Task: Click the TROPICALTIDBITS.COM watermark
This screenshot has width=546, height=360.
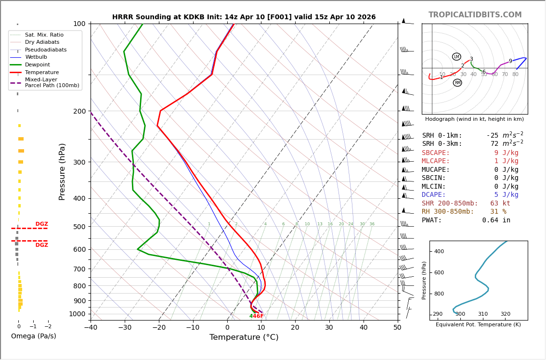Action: [x=475, y=15]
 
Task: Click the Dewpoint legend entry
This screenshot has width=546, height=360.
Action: [x=37, y=64]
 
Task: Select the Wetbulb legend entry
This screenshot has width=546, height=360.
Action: [x=38, y=57]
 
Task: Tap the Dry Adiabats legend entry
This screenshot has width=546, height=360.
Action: [x=42, y=42]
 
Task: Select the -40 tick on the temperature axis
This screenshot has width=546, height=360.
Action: [x=91, y=328]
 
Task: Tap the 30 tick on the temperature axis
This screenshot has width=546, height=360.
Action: [x=329, y=328]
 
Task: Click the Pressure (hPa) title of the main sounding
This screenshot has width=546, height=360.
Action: [x=63, y=171]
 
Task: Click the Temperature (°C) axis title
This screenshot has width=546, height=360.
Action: [x=244, y=337]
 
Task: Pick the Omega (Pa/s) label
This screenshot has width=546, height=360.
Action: [x=33, y=336]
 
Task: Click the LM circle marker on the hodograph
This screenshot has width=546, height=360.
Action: [x=456, y=57]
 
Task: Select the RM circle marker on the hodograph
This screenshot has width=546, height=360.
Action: [x=457, y=83]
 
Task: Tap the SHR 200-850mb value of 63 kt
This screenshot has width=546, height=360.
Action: [x=500, y=204]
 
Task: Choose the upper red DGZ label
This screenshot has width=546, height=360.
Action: [x=41, y=224]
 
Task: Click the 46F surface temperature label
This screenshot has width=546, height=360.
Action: [x=258, y=316]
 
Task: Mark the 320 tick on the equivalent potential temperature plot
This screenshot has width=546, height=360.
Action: [x=505, y=314]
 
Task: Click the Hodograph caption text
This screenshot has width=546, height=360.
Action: [x=474, y=119]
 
